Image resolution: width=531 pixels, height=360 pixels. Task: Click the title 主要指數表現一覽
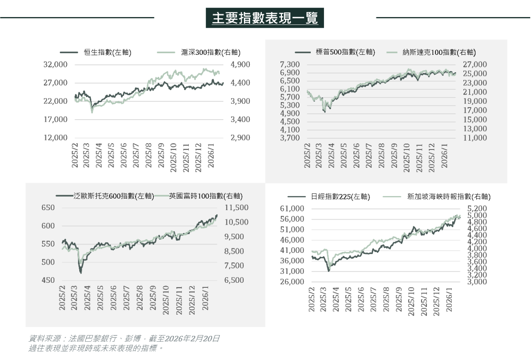pos(265,18)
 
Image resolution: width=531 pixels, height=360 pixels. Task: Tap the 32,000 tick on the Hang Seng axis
pos(55,65)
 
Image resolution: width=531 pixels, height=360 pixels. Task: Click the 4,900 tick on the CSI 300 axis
pos(240,65)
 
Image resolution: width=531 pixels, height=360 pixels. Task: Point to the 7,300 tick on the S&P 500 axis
pos(290,65)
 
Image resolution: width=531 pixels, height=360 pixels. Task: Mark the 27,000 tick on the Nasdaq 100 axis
pos(475,65)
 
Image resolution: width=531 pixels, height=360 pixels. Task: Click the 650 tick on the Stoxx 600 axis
pos(48,208)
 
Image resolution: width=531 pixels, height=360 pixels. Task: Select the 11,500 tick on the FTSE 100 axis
pos(236,208)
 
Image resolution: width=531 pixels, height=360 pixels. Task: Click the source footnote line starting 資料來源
pos(124,339)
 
